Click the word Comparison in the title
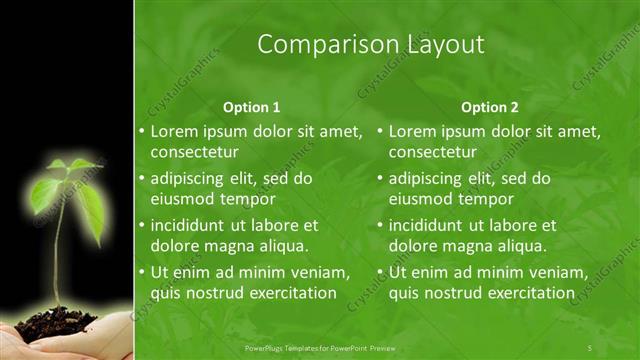point(317,44)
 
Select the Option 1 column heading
point(251,107)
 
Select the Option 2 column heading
point(491,107)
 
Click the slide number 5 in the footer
point(591,346)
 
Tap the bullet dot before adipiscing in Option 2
point(381,179)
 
